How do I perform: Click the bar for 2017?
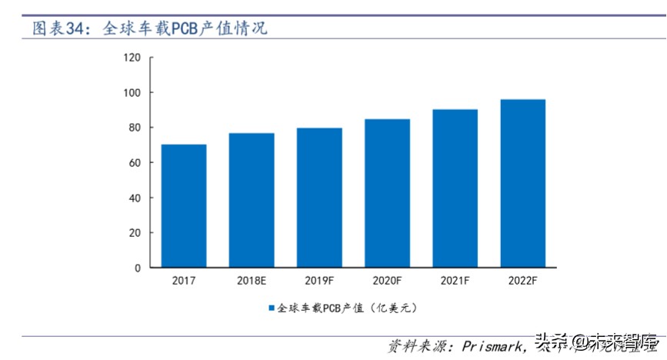(184, 206)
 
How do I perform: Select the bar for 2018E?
(252, 200)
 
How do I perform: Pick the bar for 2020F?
(387, 193)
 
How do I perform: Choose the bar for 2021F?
(455, 188)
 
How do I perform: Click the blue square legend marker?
(272, 308)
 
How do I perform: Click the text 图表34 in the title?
(57, 29)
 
